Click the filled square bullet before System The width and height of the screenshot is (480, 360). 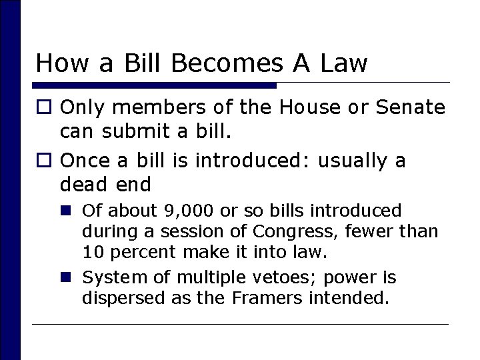pyautogui.click(x=69, y=276)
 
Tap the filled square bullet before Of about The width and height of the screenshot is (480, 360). pyautogui.click(x=69, y=211)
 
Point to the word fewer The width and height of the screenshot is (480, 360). pyautogui.click(x=378, y=232)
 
